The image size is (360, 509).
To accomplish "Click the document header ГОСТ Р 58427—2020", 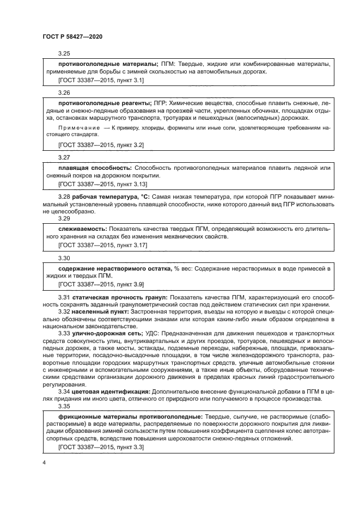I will (x=72, y=36).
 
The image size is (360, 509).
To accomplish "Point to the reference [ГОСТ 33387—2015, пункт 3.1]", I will (x=100, y=81).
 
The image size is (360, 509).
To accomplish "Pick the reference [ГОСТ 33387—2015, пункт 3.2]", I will (x=100, y=145).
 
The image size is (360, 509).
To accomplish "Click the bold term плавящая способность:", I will (x=94, y=168).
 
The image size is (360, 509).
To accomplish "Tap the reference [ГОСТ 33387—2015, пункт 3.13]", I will (x=102, y=184).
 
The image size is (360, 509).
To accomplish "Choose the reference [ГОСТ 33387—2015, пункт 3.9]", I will (x=100, y=284).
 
